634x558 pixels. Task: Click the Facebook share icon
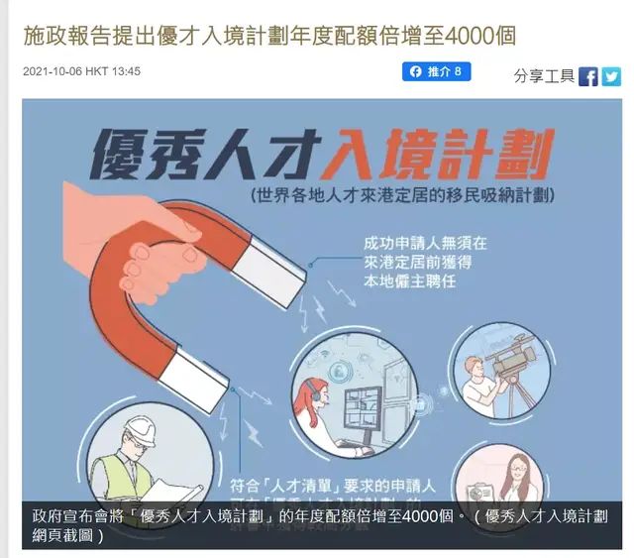click(x=588, y=76)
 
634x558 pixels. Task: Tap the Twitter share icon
click(x=611, y=76)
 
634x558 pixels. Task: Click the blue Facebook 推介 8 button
click(x=436, y=71)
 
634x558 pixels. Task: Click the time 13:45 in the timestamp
click(x=125, y=72)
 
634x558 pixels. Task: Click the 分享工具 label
click(x=544, y=76)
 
